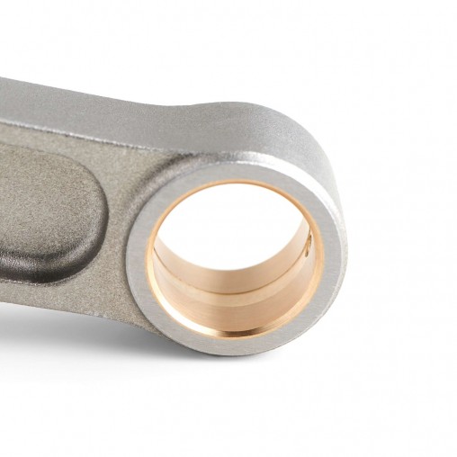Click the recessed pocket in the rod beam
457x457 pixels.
[x=49, y=211]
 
